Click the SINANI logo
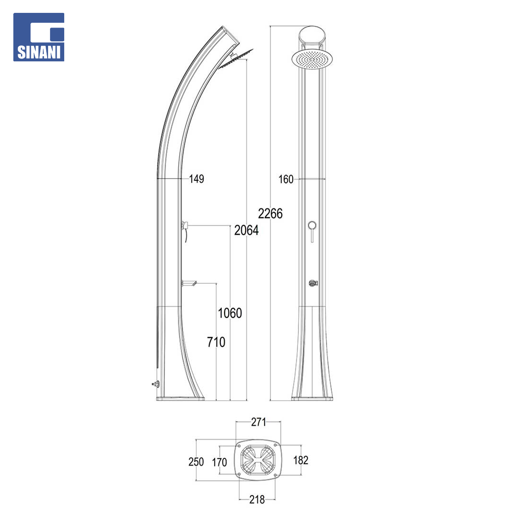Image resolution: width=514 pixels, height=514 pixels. pyautogui.click(x=39, y=37)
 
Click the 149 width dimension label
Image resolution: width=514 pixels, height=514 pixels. pyautogui.click(x=197, y=179)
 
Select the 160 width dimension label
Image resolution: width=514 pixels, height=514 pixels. pyautogui.click(x=286, y=179)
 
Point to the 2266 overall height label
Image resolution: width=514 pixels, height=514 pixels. pyautogui.click(x=270, y=214)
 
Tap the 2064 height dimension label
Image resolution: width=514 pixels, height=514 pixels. pyautogui.click(x=246, y=230)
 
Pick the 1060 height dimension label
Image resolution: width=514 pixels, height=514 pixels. pyautogui.click(x=230, y=313)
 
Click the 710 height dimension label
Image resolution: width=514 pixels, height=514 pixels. pyautogui.click(x=216, y=342)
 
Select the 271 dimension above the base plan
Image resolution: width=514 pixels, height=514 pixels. pyautogui.click(x=258, y=422)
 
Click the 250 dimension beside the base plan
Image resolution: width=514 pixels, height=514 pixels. pyautogui.click(x=196, y=462)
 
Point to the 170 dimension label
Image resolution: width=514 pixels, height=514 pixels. pyautogui.click(x=219, y=463)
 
